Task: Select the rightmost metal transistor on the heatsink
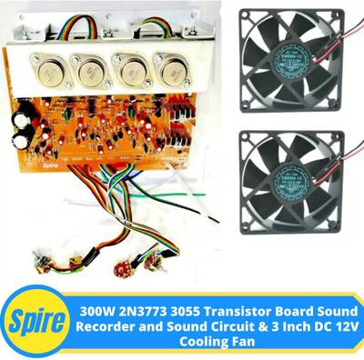point(169,71)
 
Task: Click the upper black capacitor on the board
point(20,120)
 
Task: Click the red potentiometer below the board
point(119,270)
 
